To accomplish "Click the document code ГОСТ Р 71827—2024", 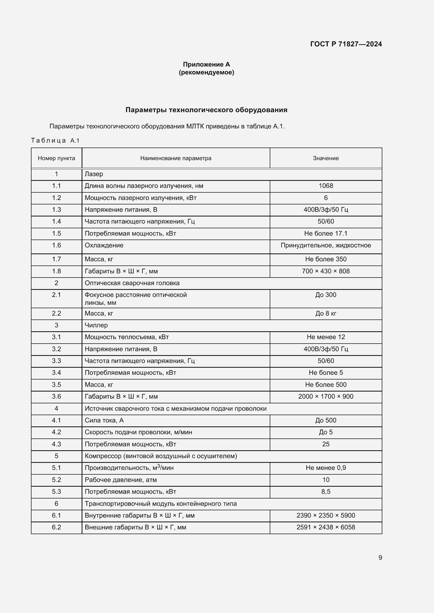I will click(346, 44).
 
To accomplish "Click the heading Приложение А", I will click(206, 64).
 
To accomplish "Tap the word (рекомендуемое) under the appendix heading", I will click(206, 72).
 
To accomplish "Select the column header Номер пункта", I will click(56, 158).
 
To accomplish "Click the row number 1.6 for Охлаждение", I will click(56, 245).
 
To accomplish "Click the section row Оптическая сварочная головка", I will click(132, 283).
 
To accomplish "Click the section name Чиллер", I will click(96, 325).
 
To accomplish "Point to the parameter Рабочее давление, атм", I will click(120, 480).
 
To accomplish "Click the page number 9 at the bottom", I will click(380, 558).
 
